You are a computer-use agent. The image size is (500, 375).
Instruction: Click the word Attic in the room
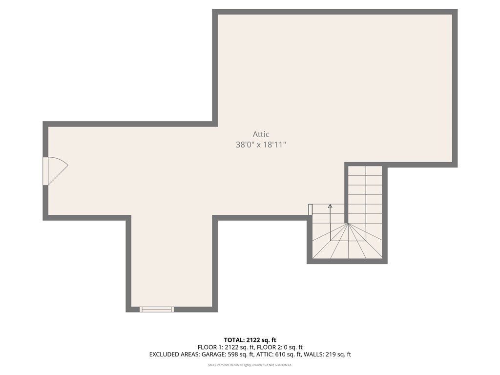pyautogui.click(x=261, y=134)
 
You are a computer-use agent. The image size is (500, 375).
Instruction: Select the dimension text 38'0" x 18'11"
pyautogui.click(x=261, y=145)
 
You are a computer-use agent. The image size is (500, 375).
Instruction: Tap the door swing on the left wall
pyautogui.click(x=56, y=171)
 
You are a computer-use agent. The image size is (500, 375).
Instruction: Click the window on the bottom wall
pyautogui.click(x=157, y=309)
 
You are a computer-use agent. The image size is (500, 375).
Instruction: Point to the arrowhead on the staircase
pyautogui.click(x=330, y=207)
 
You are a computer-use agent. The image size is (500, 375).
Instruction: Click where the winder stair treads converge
pyautogui.click(x=348, y=224)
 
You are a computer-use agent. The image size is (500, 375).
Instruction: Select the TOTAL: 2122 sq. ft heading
pyautogui.click(x=250, y=340)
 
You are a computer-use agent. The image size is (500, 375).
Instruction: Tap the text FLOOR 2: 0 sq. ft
pyautogui.click(x=281, y=347)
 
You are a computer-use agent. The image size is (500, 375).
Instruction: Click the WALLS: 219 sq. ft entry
pyautogui.click(x=328, y=354)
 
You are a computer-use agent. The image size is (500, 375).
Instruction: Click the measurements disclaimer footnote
pyautogui.click(x=250, y=365)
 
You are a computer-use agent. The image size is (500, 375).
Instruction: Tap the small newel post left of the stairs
pyautogui.click(x=310, y=209)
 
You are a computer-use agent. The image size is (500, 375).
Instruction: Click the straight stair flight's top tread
pyautogui.click(x=365, y=171)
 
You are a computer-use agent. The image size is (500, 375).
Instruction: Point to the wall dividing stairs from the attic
pyautogui.click(x=346, y=195)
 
